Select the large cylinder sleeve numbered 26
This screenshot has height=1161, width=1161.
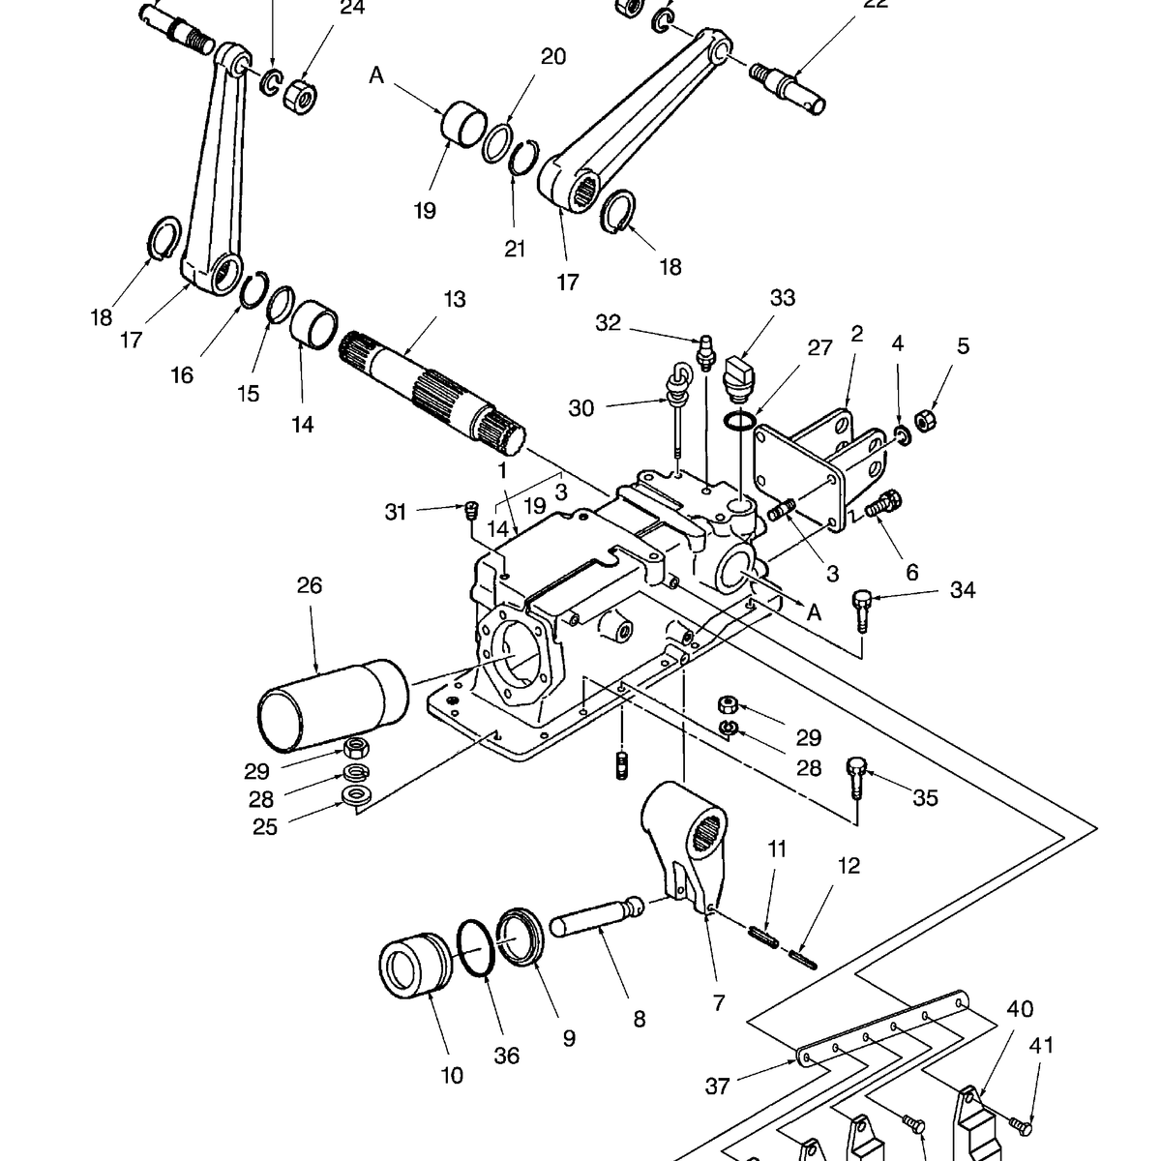click(x=333, y=704)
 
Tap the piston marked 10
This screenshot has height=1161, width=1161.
click(x=414, y=970)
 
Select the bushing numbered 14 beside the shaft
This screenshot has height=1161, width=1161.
click(x=313, y=324)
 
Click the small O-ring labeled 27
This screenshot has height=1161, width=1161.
click(x=740, y=422)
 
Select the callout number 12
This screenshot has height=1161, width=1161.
click(x=848, y=865)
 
